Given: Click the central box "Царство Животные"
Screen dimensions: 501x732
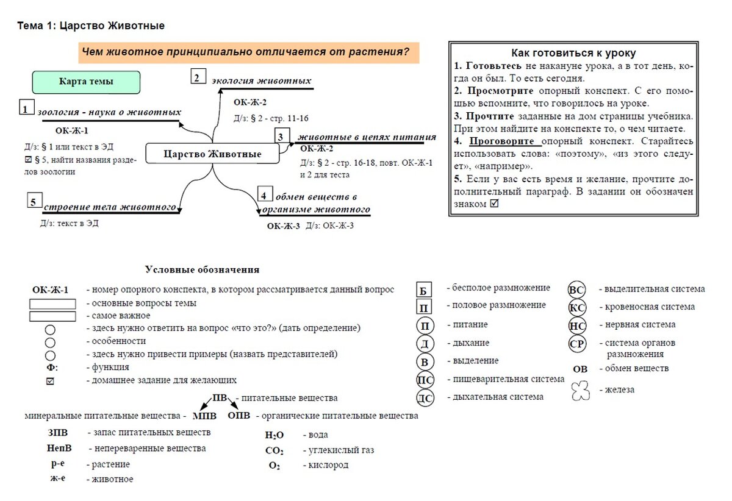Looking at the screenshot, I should pyautogui.click(x=212, y=154).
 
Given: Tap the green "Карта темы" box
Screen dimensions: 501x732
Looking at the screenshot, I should pyautogui.click(x=86, y=82).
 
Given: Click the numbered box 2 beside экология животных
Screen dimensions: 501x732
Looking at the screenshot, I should pyautogui.click(x=197, y=77).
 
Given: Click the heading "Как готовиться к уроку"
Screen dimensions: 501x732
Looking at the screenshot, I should pyautogui.click(x=573, y=53).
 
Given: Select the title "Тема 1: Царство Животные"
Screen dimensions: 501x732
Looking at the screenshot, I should pyautogui.click(x=91, y=26).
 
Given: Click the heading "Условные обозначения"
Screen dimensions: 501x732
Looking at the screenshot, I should pyautogui.click(x=202, y=269).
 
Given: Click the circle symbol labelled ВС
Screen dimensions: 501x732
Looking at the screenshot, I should pyautogui.click(x=576, y=290).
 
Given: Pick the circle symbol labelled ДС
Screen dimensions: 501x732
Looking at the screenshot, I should pyautogui.click(x=425, y=399).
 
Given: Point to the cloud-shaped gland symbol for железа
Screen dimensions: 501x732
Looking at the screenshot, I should pyautogui.click(x=580, y=391).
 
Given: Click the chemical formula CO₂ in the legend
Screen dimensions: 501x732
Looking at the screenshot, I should pyautogui.click(x=274, y=451).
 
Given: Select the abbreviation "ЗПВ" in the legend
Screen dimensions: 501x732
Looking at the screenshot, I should pyautogui.click(x=58, y=433).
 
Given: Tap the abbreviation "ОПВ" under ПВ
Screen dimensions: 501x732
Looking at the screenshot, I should pyautogui.click(x=239, y=416).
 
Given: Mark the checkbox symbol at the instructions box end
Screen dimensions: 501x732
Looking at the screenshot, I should pyautogui.click(x=494, y=204).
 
